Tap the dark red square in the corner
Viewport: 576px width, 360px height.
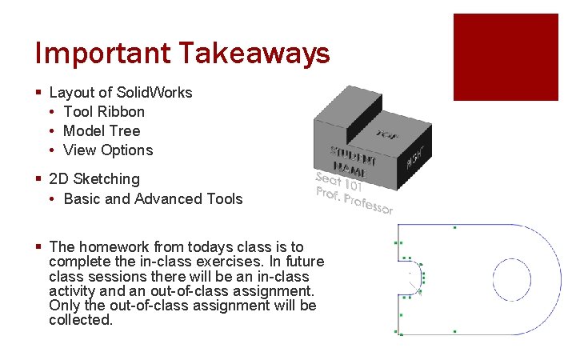506,57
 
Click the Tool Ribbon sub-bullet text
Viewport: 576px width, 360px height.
104,111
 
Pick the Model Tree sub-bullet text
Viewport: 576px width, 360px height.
102,130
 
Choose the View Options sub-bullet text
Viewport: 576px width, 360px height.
108,150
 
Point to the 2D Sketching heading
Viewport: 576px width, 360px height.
94,178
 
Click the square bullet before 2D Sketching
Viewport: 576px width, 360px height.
38,179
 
